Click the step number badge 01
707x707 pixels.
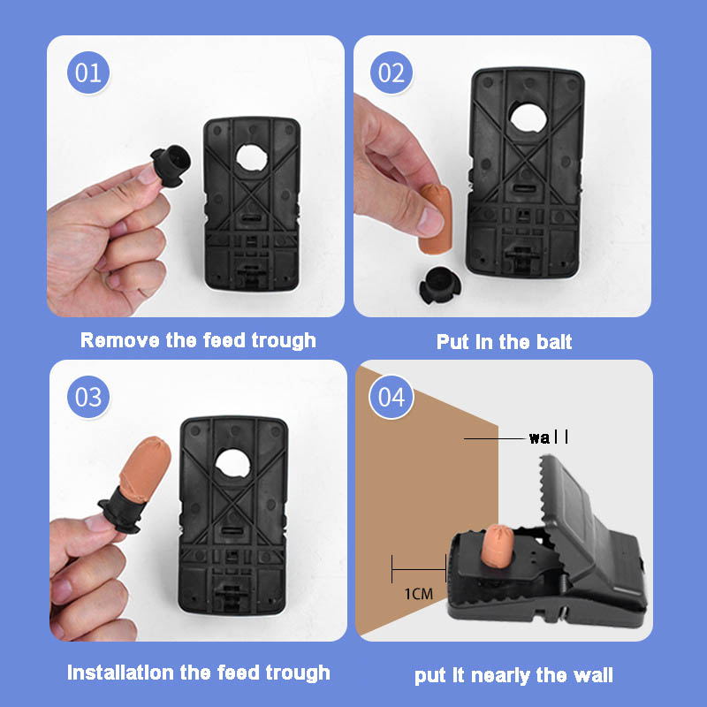click(x=88, y=72)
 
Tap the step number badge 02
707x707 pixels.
click(x=392, y=72)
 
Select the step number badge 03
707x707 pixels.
click(x=88, y=397)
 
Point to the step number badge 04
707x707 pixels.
click(x=392, y=397)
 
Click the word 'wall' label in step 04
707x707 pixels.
click(x=549, y=437)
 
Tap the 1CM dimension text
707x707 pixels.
click(x=418, y=594)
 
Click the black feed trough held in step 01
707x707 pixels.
click(x=171, y=165)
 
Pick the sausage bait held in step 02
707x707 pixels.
click(x=435, y=218)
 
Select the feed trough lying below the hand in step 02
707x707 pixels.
click(x=439, y=285)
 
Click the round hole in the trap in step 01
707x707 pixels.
click(x=252, y=158)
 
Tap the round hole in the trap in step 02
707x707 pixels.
click(x=528, y=118)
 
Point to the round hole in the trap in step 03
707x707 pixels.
click(x=232, y=463)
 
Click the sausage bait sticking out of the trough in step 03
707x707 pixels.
click(x=146, y=469)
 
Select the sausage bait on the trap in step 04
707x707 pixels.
click(x=497, y=544)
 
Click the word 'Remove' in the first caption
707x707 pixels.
click(x=119, y=340)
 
